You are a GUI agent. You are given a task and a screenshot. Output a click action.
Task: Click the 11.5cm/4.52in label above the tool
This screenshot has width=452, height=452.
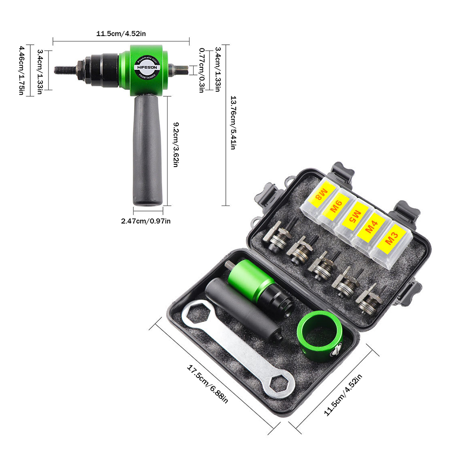(121, 34)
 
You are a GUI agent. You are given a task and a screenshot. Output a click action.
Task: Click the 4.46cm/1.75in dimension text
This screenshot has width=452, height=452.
(21, 70)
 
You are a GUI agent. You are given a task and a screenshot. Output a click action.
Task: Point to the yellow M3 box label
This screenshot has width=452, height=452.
(389, 240)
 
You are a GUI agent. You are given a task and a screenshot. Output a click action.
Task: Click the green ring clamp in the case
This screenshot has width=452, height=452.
(320, 336)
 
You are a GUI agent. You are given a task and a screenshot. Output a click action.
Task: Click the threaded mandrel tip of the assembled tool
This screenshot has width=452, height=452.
(63, 70)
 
